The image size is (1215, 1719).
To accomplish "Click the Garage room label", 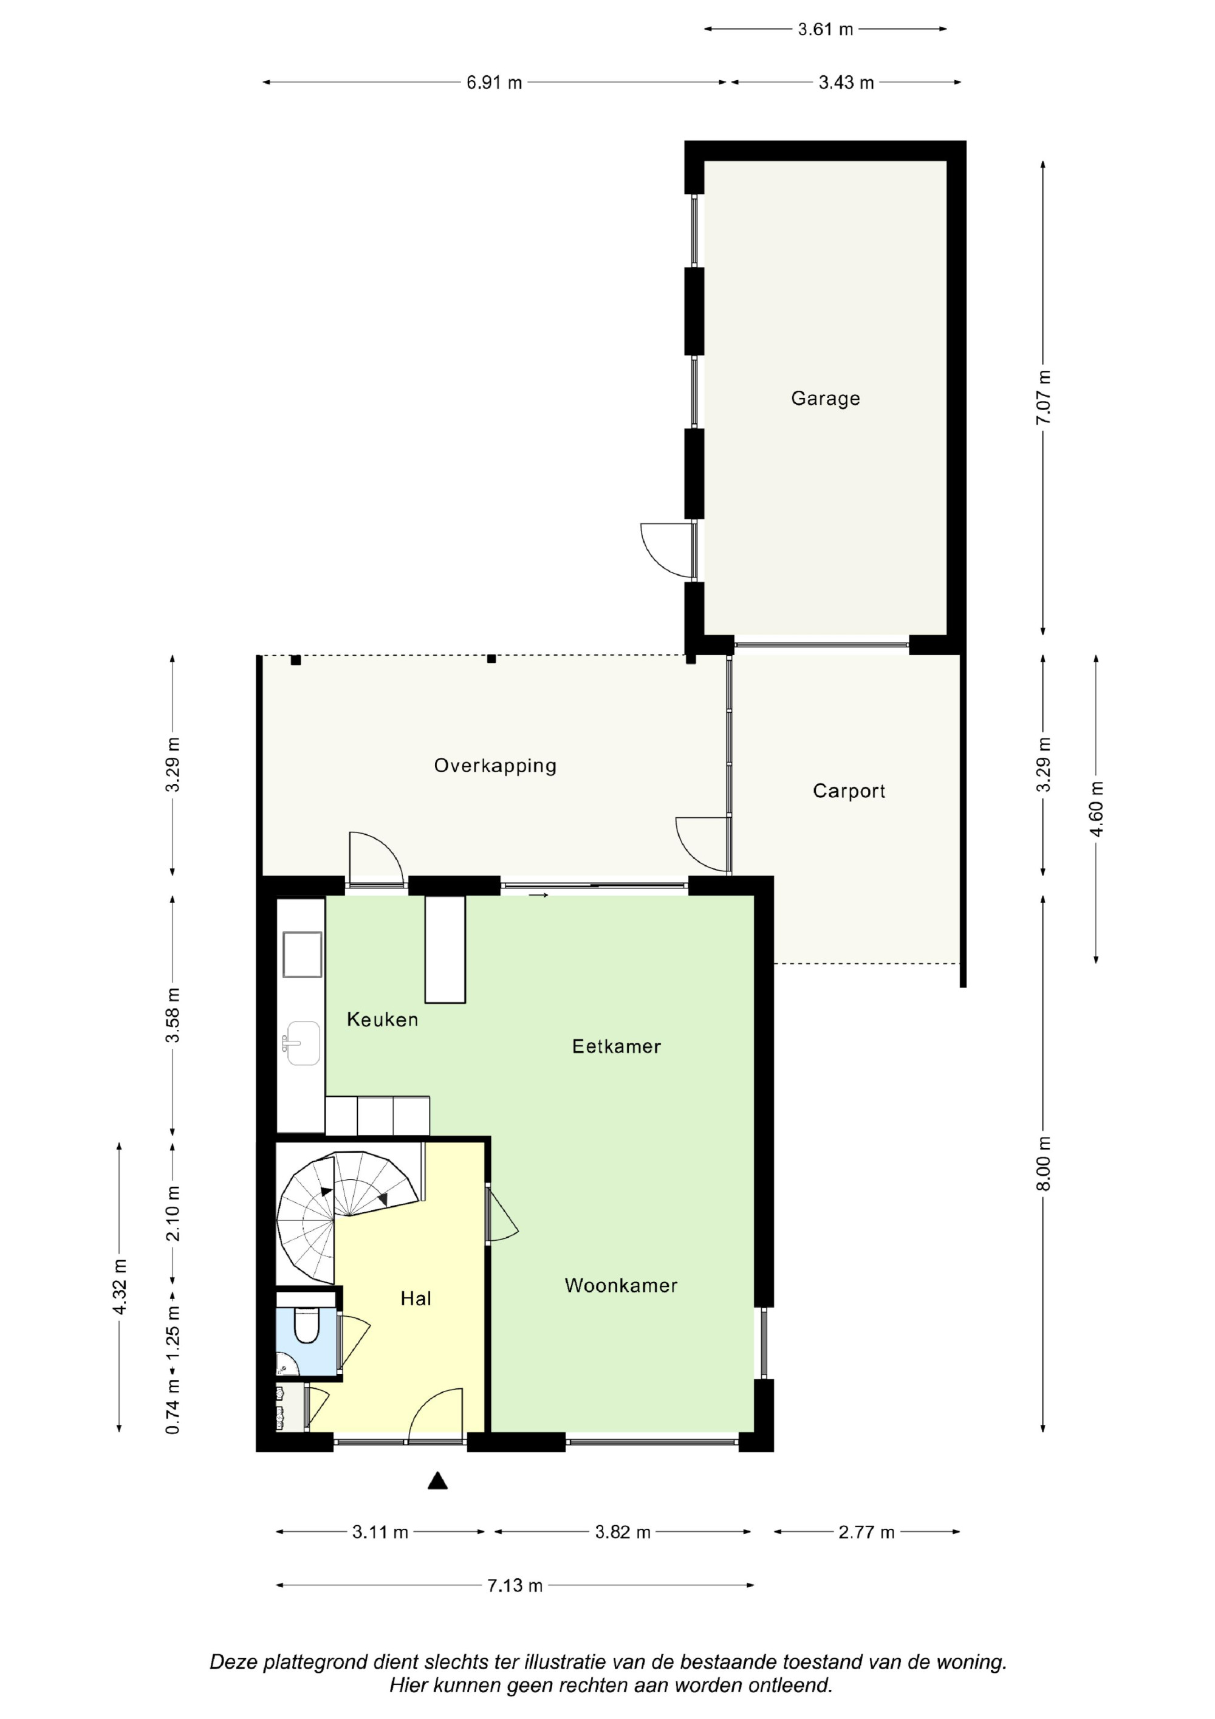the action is pos(825,399).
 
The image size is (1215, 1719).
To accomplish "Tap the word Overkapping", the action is pos(495,766).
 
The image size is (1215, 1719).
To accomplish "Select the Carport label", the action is pos(849,791).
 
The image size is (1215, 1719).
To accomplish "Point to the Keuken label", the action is pos(382,1019).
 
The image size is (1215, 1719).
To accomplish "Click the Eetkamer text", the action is pos(616,1046).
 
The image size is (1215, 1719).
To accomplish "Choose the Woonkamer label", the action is pos(621,1286).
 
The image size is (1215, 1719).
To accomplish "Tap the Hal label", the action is pos(416,1299).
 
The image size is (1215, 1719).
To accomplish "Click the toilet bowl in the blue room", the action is pos(306,1325).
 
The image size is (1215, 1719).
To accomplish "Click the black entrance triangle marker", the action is pos(438,1480).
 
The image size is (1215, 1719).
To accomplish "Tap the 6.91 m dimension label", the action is pos(494,83).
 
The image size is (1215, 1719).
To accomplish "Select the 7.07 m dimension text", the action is pos(1043,397).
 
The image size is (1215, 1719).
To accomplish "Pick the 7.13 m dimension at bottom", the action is pos(515,1585).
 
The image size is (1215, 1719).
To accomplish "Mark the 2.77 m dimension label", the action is pos(866,1532).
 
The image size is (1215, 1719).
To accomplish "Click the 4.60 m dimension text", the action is pos(1096,809).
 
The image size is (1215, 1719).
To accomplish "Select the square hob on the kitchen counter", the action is pos(303,955).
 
